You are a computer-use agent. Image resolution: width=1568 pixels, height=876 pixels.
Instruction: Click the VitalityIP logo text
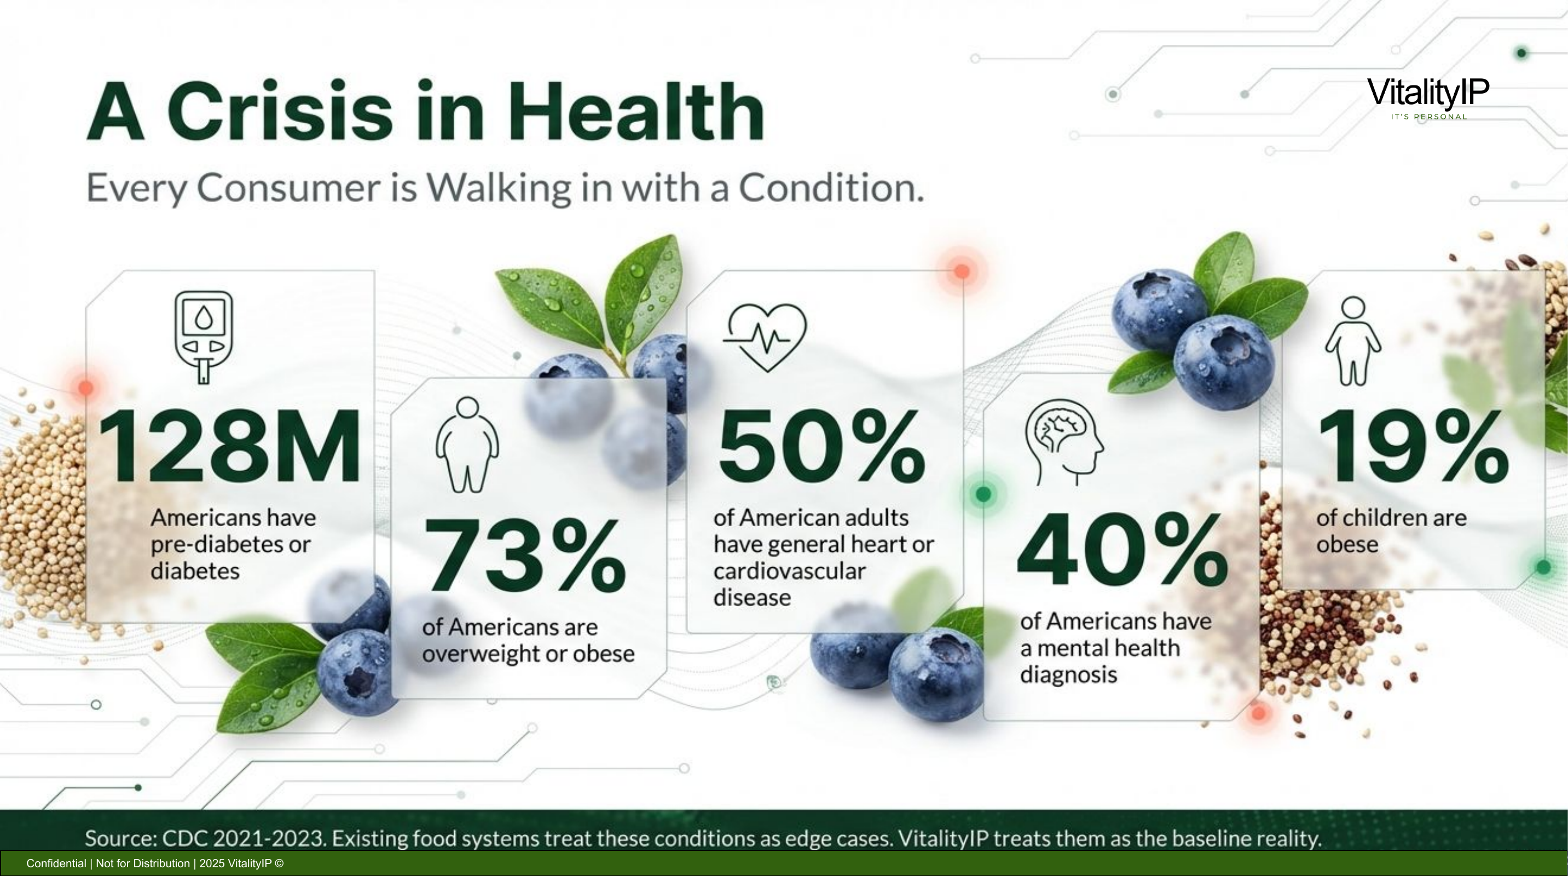coord(1427,93)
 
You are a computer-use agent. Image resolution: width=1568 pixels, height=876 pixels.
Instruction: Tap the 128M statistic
coord(229,447)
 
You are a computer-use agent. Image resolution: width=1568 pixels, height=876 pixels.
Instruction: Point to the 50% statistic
coord(821,447)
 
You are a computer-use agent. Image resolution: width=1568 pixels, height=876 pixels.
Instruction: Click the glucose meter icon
coord(204,337)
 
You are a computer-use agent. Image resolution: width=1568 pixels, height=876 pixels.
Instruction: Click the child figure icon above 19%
coord(1352,341)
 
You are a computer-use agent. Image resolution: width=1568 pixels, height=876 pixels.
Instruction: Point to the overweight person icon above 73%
coord(467,445)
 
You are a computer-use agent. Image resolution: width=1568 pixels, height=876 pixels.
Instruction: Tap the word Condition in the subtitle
coord(831,188)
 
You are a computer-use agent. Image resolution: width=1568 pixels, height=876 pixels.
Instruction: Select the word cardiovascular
coord(789,571)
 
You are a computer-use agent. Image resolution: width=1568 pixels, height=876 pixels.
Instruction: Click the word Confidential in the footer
coord(56,863)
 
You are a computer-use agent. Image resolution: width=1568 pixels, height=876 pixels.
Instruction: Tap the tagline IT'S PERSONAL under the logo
coord(1428,117)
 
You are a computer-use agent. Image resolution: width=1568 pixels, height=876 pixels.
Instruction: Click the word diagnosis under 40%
coord(1068,675)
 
